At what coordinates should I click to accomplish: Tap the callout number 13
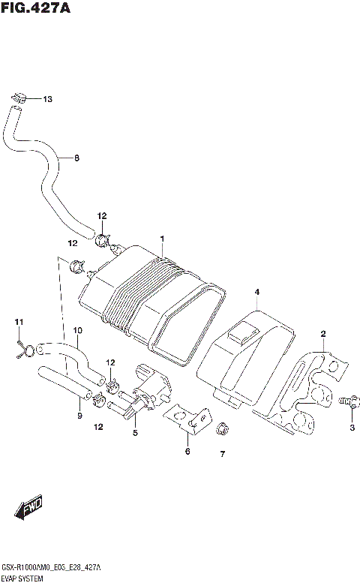pyautogui.click(x=47, y=99)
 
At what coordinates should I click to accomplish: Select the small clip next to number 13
pyautogui.click(x=20, y=97)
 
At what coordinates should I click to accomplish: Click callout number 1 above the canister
pyautogui.click(x=160, y=239)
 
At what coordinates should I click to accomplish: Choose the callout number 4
pyautogui.click(x=256, y=292)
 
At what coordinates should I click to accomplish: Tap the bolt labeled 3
pyautogui.click(x=346, y=401)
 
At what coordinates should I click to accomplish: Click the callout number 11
pyautogui.click(x=19, y=323)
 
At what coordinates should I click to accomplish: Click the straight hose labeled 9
pyautogui.click(x=64, y=380)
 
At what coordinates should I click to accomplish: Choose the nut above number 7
pyautogui.click(x=222, y=430)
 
